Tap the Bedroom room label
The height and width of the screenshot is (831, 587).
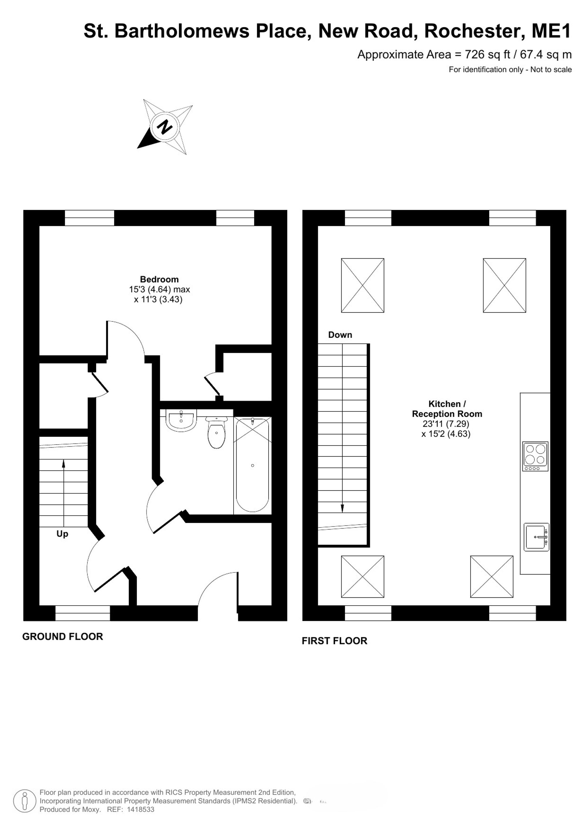point(159,279)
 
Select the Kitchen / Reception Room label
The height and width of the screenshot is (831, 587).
point(447,409)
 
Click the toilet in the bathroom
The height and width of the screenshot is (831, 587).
point(217,433)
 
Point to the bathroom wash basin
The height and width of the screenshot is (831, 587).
point(181,420)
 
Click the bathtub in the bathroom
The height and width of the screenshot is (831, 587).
point(252,465)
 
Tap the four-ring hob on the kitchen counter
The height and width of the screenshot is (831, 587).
point(535,456)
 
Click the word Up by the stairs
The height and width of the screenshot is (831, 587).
point(62,534)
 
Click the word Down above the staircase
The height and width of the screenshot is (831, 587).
point(340,335)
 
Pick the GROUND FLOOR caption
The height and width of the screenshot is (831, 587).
point(63,637)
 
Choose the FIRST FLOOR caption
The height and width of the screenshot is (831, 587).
point(334,641)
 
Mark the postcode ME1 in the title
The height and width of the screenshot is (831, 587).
point(551,31)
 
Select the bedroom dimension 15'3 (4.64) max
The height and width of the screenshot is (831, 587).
point(159,289)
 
